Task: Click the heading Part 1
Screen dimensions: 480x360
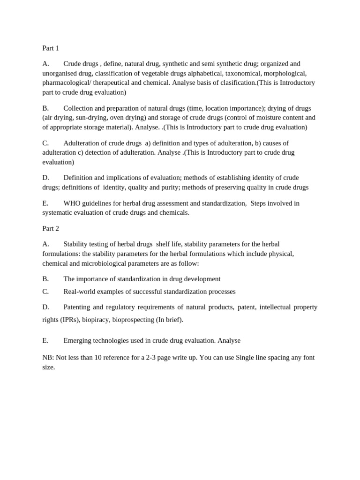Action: tap(51, 48)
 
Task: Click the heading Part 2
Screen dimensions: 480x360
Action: tap(51, 228)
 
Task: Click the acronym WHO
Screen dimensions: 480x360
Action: tap(72, 203)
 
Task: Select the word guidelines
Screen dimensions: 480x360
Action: tap(100, 203)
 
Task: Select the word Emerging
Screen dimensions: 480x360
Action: tap(78, 341)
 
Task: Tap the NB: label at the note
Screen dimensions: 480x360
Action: tap(48, 358)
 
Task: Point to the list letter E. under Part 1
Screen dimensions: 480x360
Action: tap(45, 203)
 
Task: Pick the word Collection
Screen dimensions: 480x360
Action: tap(79, 108)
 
